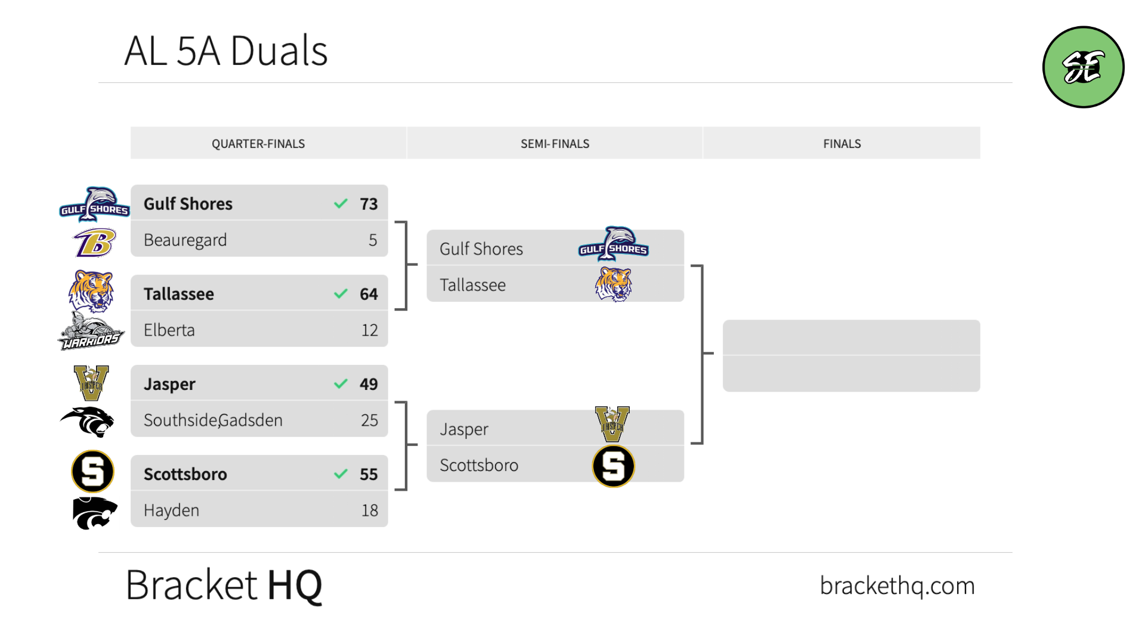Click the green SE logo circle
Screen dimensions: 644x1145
1083,67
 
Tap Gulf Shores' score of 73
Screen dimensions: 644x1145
369,204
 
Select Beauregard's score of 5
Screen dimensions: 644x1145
373,240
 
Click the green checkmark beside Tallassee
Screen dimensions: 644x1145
341,294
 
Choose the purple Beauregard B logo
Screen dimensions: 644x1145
94,243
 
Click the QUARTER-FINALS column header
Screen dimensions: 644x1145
258,144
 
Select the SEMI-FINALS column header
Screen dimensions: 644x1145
555,144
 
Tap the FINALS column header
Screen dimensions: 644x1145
841,144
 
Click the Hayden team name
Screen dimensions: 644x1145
171,510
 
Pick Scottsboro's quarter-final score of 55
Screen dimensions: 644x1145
369,474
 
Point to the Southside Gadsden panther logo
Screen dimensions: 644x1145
88,422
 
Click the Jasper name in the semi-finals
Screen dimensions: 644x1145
464,429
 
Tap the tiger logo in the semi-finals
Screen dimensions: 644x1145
613,284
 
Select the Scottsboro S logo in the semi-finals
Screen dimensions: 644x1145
613,466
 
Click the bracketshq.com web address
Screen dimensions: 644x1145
897,586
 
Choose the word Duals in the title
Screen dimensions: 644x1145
278,51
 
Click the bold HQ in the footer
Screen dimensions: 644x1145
295,586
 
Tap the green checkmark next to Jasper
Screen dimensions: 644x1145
341,384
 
